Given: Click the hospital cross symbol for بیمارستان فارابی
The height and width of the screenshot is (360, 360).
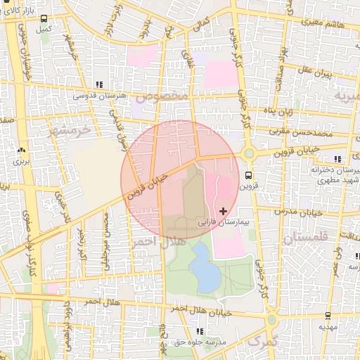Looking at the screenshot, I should [x=224, y=210].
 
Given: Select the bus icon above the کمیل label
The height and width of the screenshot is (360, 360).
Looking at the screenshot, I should [x=44, y=19].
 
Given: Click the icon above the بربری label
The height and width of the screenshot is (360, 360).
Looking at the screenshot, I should [x=20, y=150].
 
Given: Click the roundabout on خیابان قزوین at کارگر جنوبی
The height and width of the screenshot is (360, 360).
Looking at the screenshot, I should [x=248, y=153].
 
